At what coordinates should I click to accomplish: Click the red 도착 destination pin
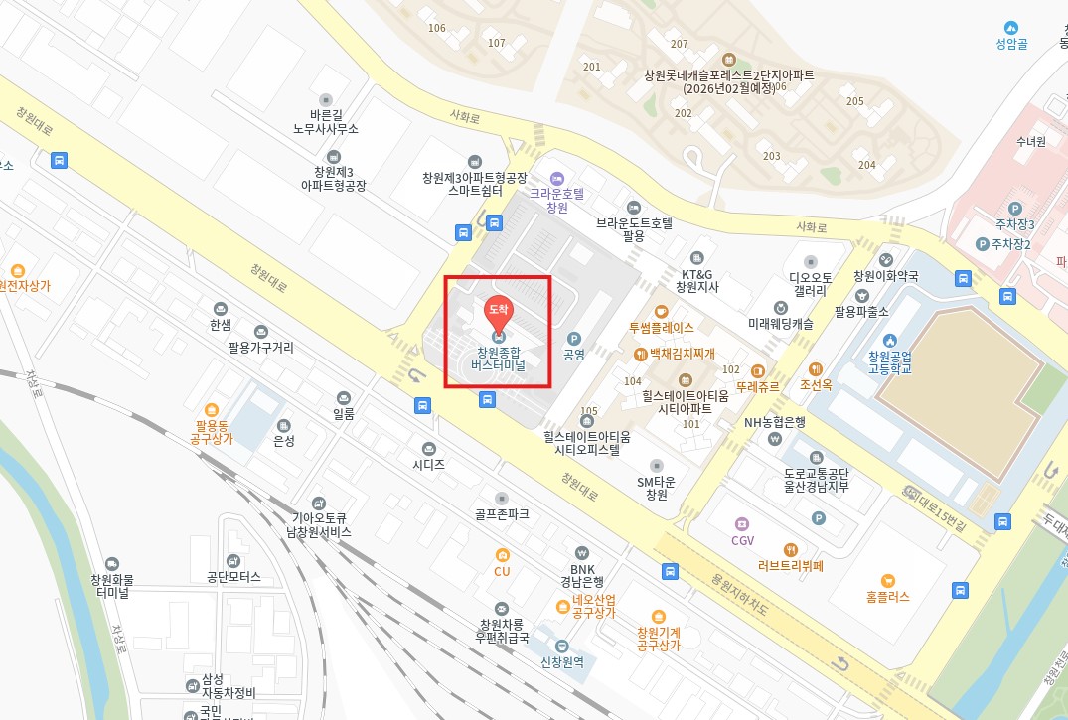point(498,311)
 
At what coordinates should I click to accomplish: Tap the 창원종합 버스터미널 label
point(498,359)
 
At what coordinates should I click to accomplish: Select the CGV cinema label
point(743,540)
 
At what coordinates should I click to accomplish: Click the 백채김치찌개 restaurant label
point(682,354)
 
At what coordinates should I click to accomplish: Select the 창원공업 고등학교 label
point(889,362)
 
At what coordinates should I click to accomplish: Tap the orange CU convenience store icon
point(502,555)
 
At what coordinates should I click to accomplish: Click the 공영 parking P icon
point(573,338)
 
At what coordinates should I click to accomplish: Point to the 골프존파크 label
point(502,514)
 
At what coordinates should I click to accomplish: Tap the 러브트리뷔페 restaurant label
point(790,567)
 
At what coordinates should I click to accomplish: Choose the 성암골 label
point(1010,43)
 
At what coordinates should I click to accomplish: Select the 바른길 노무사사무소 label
point(326,122)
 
